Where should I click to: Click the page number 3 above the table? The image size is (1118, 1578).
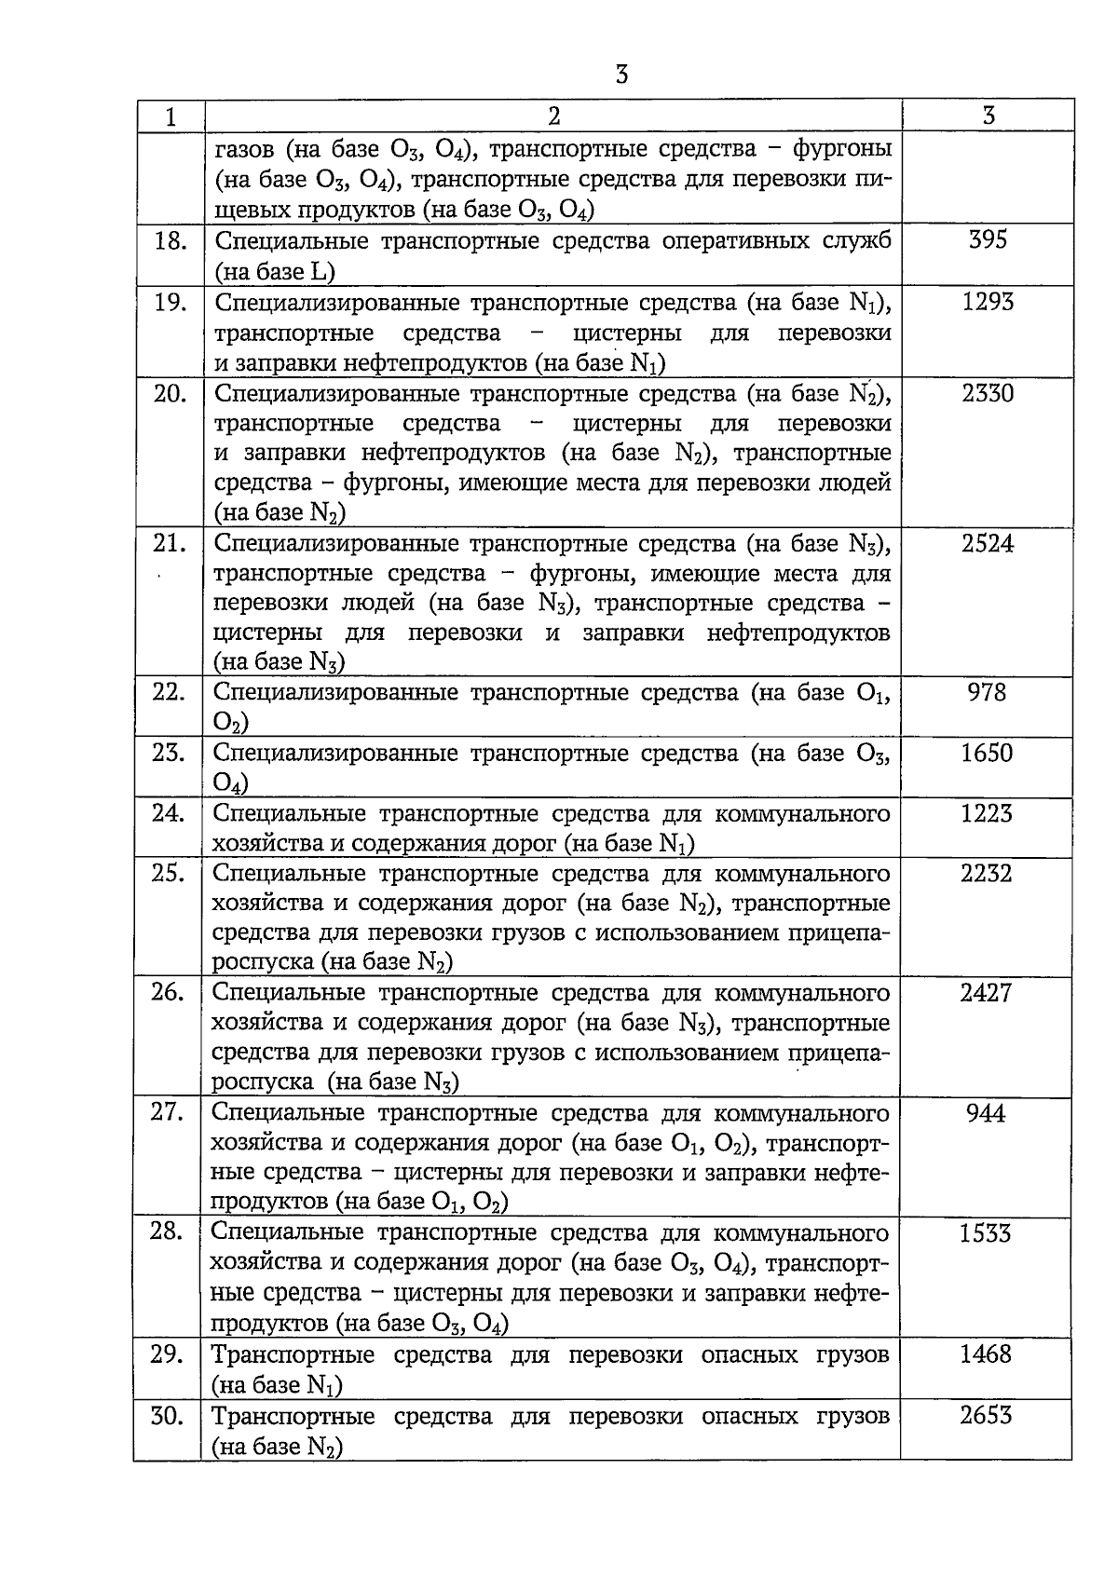click(622, 75)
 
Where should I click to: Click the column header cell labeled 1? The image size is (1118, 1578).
click(170, 116)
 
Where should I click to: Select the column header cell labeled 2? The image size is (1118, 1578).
click(553, 116)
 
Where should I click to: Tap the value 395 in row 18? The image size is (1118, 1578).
click(988, 240)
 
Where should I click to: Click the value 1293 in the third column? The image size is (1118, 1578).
click(988, 302)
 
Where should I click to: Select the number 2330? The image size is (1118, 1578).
click(988, 393)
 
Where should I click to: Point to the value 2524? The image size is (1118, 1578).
click(988, 543)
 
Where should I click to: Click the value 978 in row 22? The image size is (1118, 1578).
click(987, 692)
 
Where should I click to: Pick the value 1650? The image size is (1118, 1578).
click(987, 753)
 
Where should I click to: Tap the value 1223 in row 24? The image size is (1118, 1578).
click(987, 813)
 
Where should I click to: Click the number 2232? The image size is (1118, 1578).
click(987, 874)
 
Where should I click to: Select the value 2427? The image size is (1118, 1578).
click(986, 993)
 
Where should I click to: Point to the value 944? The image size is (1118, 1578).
click(986, 1113)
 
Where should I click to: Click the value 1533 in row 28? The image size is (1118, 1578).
click(986, 1233)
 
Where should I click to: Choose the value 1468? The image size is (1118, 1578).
click(986, 1354)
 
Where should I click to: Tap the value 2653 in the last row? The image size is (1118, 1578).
click(986, 1416)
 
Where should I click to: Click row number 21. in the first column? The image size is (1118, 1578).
click(170, 543)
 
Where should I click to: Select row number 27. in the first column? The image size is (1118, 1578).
click(168, 1112)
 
